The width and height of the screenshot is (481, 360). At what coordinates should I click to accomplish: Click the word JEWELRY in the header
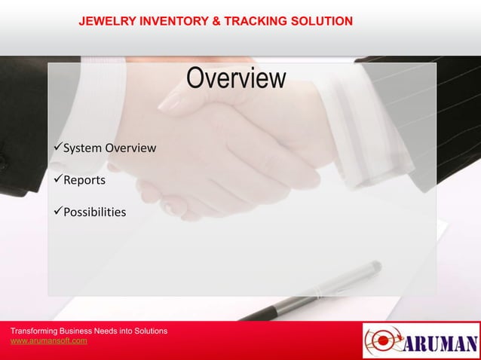click(106, 21)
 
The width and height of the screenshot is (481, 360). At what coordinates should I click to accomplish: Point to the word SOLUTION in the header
click(323, 21)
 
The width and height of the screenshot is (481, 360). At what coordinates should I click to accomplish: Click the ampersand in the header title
click(216, 21)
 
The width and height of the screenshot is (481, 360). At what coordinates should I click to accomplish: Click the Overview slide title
click(237, 78)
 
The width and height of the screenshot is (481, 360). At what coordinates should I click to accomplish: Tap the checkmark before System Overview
click(57, 148)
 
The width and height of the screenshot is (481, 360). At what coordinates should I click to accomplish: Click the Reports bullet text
click(84, 180)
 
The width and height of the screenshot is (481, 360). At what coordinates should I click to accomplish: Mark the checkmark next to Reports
click(57, 180)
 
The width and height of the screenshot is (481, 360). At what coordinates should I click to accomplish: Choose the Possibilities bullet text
click(94, 212)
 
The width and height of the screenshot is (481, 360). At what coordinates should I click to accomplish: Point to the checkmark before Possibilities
click(57, 212)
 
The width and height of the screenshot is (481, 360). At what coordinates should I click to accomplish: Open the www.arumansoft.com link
click(48, 341)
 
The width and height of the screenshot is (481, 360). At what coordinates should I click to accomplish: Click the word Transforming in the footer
click(35, 331)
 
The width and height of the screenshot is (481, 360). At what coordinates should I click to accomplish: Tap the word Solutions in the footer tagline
click(149, 331)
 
